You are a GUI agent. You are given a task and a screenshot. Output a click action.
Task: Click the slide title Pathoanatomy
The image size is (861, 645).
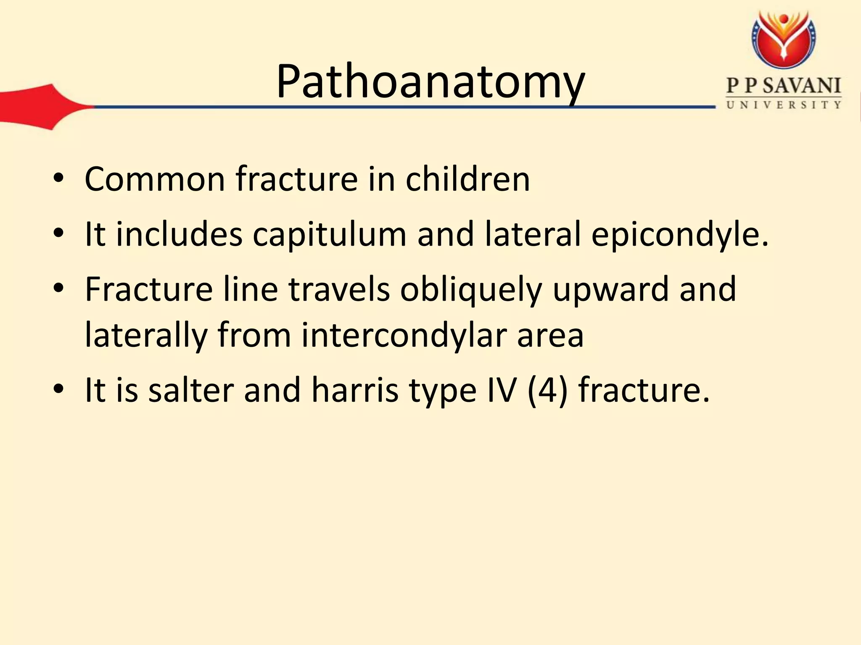(430, 82)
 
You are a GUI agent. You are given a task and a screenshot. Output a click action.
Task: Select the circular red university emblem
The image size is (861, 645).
(784, 40)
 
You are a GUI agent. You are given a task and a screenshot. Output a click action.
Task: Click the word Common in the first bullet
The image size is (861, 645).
(155, 179)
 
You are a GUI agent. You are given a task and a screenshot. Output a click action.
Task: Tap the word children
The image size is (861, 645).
(467, 179)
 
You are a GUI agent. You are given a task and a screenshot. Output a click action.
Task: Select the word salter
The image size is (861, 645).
(191, 390)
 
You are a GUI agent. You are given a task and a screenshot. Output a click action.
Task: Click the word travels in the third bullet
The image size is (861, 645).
(339, 289)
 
